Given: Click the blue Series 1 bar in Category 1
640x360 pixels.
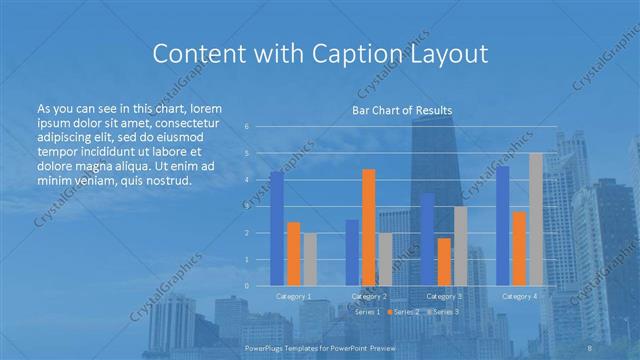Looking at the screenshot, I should (x=277, y=228).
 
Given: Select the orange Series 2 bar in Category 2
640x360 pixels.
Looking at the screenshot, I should (x=369, y=227).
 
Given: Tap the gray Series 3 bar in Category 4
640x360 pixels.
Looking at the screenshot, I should (x=535, y=219).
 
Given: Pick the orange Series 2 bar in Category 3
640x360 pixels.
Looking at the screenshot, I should (x=444, y=261).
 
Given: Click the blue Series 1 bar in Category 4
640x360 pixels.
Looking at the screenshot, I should (x=503, y=226).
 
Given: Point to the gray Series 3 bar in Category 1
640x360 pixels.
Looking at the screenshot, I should (x=309, y=259).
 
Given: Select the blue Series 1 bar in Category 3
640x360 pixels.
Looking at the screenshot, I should (x=428, y=239).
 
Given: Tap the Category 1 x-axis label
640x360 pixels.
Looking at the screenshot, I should (x=293, y=297).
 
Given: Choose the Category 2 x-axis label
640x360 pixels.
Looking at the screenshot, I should (x=369, y=297).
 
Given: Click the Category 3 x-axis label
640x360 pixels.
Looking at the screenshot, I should (x=444, y=297).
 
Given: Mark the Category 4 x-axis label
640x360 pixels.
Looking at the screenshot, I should (x=519, y=297).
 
